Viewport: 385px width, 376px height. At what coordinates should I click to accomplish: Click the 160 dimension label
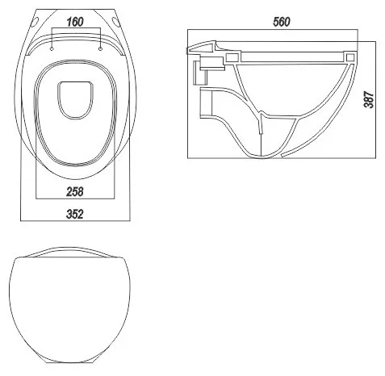point(75,22)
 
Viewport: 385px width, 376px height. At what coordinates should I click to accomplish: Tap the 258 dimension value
point(75,192)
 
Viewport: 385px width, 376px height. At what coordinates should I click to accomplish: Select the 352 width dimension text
point(75,214)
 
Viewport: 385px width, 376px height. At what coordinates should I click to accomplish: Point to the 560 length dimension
point(282,22)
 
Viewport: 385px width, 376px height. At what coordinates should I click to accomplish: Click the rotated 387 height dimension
point(369,100)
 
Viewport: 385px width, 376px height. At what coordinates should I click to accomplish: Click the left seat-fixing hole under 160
point(52,49)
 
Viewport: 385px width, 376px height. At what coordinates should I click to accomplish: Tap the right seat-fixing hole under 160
point(100,49)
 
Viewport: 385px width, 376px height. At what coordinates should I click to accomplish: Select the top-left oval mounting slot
point(36,23)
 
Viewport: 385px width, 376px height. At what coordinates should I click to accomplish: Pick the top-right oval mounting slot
point(116,23)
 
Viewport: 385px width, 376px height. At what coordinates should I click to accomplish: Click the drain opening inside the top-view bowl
point(75,100)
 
